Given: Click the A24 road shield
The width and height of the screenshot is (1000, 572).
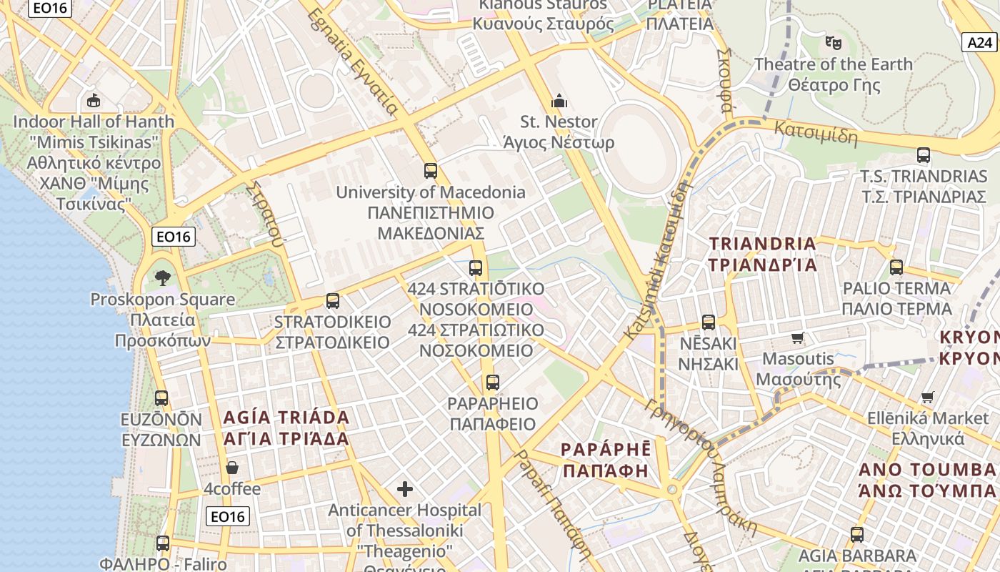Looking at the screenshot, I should (x=980, y=43).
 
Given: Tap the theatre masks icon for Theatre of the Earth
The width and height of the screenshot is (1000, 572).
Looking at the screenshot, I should (x=833, y=43).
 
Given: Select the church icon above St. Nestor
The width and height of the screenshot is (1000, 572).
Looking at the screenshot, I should (x=559, y=101).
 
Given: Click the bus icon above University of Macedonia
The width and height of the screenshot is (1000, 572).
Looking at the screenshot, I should (x=430, y=171).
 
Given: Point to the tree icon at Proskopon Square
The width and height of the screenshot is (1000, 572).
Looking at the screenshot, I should (x=163, y=277).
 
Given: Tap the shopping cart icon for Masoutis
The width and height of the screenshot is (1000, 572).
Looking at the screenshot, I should (x=798, y=337).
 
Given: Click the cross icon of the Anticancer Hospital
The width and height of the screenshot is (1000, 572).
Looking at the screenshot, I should (x=405, y=489).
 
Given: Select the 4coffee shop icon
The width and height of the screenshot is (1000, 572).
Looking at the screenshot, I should (x=232, y=468).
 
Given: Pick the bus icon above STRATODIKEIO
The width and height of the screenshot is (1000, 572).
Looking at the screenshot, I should (x=333, y=301).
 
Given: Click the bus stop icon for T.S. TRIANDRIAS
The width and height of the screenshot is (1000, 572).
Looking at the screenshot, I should (x=923, y=155).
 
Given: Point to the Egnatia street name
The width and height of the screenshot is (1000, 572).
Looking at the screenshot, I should (x=353, y=63).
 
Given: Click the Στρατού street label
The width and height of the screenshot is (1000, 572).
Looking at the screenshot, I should (x=265, y=212).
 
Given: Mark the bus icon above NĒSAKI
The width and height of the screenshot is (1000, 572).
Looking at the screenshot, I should (x=708, y=322).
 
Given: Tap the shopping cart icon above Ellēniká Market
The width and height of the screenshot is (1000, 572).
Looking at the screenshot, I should (x=927, y=397).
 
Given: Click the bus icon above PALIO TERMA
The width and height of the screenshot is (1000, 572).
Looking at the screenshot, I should (x=896, y=267).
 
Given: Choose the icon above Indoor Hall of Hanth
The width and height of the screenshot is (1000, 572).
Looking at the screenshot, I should (x=93, y=100).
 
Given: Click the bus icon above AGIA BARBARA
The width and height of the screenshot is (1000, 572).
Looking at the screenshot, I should (x=856, y=534).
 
